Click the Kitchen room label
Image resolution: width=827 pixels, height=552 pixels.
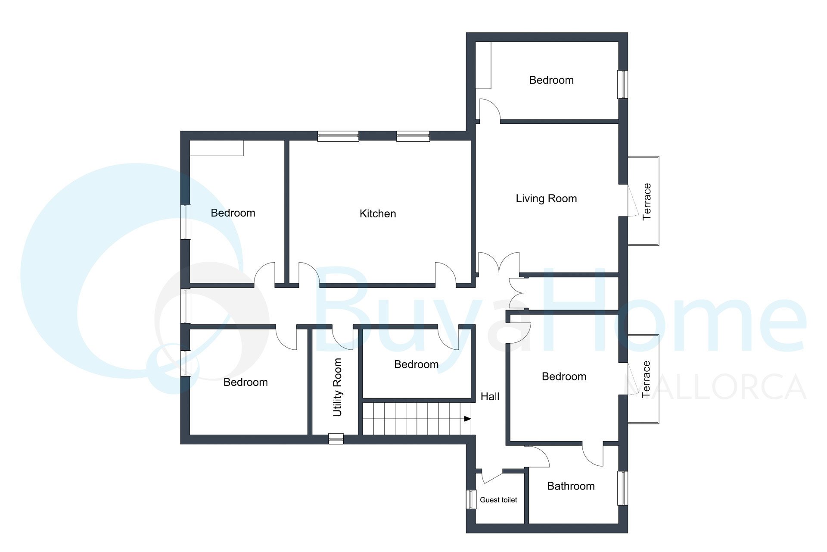tap(378, 213)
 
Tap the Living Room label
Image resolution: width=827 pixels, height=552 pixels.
tap(546, 198)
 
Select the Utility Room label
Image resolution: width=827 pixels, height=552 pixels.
tap(337, 387)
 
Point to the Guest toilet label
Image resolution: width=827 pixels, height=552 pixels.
tap(498, 500)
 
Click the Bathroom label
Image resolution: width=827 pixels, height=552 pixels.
tap(571, 486)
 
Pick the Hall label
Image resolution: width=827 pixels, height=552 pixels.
tap(490, 396)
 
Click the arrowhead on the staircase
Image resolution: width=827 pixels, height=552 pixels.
tap(467, 419)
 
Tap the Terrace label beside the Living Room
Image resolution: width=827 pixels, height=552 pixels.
tap(647, 201)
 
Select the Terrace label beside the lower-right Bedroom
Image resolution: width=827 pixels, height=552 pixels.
tap(646, 379)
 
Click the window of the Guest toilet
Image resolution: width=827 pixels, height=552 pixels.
tap(471, 499)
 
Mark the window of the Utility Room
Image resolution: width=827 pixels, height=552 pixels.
tap(336, 439)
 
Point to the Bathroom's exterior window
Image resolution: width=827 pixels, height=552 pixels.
tap(623, 488)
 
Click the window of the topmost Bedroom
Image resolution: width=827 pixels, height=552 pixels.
tap(623, 85)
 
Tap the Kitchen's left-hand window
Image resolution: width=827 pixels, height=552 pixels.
tap(338, 136)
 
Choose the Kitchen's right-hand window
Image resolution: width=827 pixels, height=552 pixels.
tap(413, 136)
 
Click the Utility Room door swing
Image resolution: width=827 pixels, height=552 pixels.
tap(343, 339)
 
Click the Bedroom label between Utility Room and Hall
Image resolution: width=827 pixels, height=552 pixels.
tap(417, 364)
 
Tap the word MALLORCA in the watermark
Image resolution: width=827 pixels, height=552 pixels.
tap(715, 387)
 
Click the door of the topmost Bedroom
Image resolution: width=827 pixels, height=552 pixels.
tap(490, 109)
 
